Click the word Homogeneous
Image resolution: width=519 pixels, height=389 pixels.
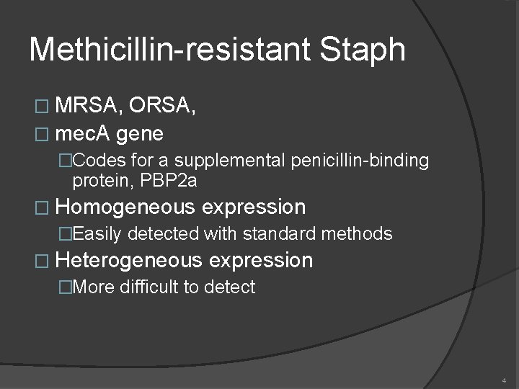125,207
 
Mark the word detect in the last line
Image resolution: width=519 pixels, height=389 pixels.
230,287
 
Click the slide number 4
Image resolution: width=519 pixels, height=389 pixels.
504,380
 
